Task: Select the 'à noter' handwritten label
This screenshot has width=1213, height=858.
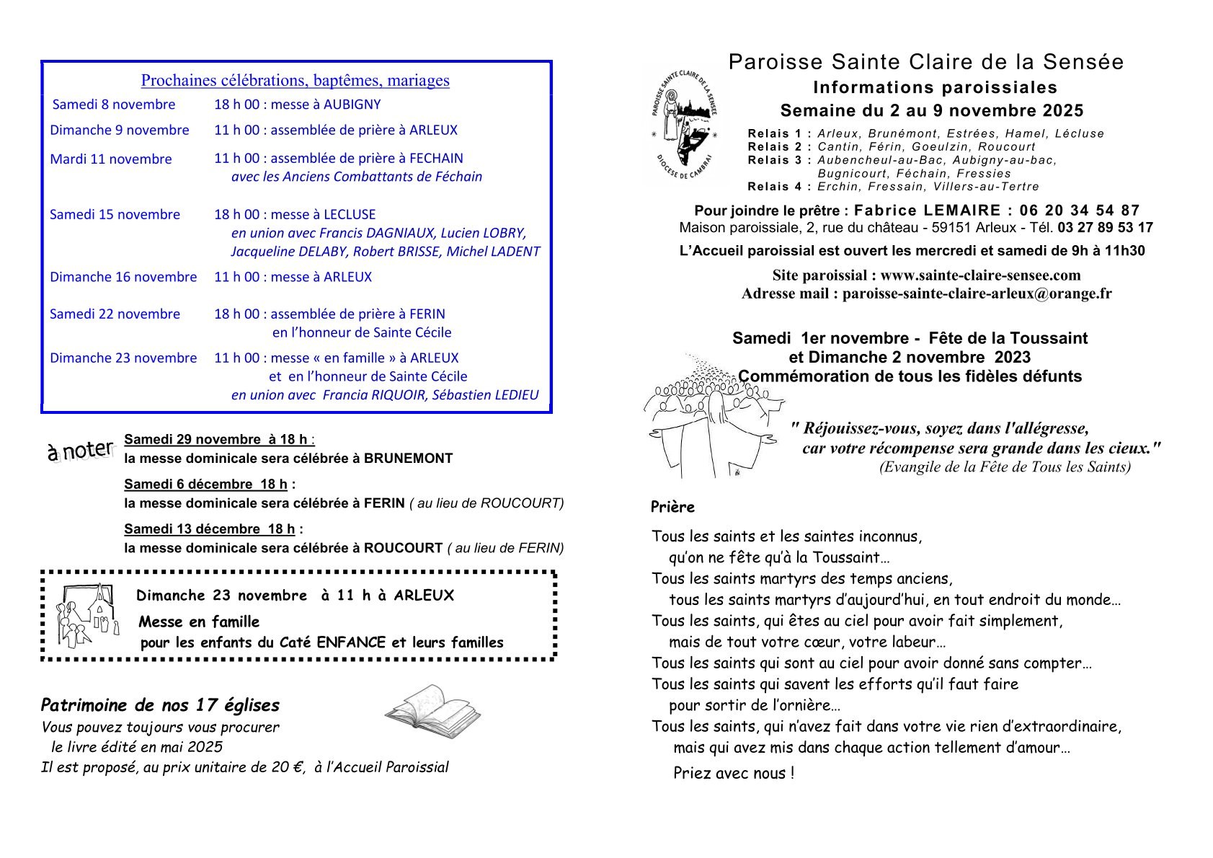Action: click(x=81, y=451)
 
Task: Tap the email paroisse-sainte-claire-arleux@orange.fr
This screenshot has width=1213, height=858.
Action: click(x=977, y=293)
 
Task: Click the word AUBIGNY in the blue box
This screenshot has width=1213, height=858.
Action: click(x=352, y=105)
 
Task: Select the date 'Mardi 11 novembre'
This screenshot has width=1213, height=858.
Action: click(x=111, y=159)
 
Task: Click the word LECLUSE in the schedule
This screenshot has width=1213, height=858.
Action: click(x=350, y=214)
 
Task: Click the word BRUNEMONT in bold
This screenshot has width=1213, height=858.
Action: click(x=408, y=459)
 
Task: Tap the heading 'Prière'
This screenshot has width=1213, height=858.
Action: click(x=672, y=507)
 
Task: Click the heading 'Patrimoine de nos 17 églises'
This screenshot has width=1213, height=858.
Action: click(x=160, y=705)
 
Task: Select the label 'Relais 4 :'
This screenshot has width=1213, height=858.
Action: click(x=780, y=187)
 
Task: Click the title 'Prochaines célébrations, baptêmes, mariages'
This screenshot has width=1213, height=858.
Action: click(x=295, y=81)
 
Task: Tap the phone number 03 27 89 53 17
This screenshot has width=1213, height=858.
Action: click(x=1105, y=228)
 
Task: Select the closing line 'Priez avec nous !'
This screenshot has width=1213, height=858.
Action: click(x=734, y=774)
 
